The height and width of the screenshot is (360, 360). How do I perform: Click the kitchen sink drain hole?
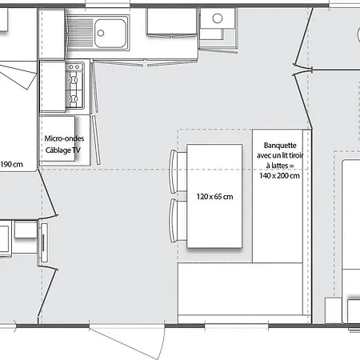(x=101, y=33)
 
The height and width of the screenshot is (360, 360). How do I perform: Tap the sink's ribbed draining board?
(x=80, y=33)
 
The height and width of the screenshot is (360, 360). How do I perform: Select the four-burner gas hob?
(x=74, y=86)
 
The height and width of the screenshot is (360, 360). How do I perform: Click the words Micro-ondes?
(x=64, y=138)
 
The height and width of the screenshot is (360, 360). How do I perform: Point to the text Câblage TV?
(x=63, y=150)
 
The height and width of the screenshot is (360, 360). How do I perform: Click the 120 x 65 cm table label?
(x=215, y=197)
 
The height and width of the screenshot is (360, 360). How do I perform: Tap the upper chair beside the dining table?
(x=178, y=171)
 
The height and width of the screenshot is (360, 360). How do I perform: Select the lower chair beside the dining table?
(x=178, y=220)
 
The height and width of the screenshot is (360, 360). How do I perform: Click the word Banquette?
(x=280, y=146)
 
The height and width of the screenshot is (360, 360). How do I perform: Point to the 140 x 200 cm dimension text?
(x=279, y=176)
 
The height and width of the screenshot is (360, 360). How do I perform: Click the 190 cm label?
(x=11, y=164)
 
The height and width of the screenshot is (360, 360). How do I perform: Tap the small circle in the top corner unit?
(x=218, y=18)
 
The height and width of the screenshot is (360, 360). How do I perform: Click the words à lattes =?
(x=280, y=166)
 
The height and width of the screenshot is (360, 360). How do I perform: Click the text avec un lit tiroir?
(x=280, y=155)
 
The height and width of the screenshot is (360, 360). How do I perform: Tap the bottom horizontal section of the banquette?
(x=240, y=289)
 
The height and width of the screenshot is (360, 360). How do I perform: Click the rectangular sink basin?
(x=110, y=33)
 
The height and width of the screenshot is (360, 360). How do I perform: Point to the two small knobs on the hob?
(x=74, y=67)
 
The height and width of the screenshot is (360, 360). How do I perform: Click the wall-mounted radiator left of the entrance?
(x=43, y=242)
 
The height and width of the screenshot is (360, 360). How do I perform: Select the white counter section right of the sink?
(x=171, y=22)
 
